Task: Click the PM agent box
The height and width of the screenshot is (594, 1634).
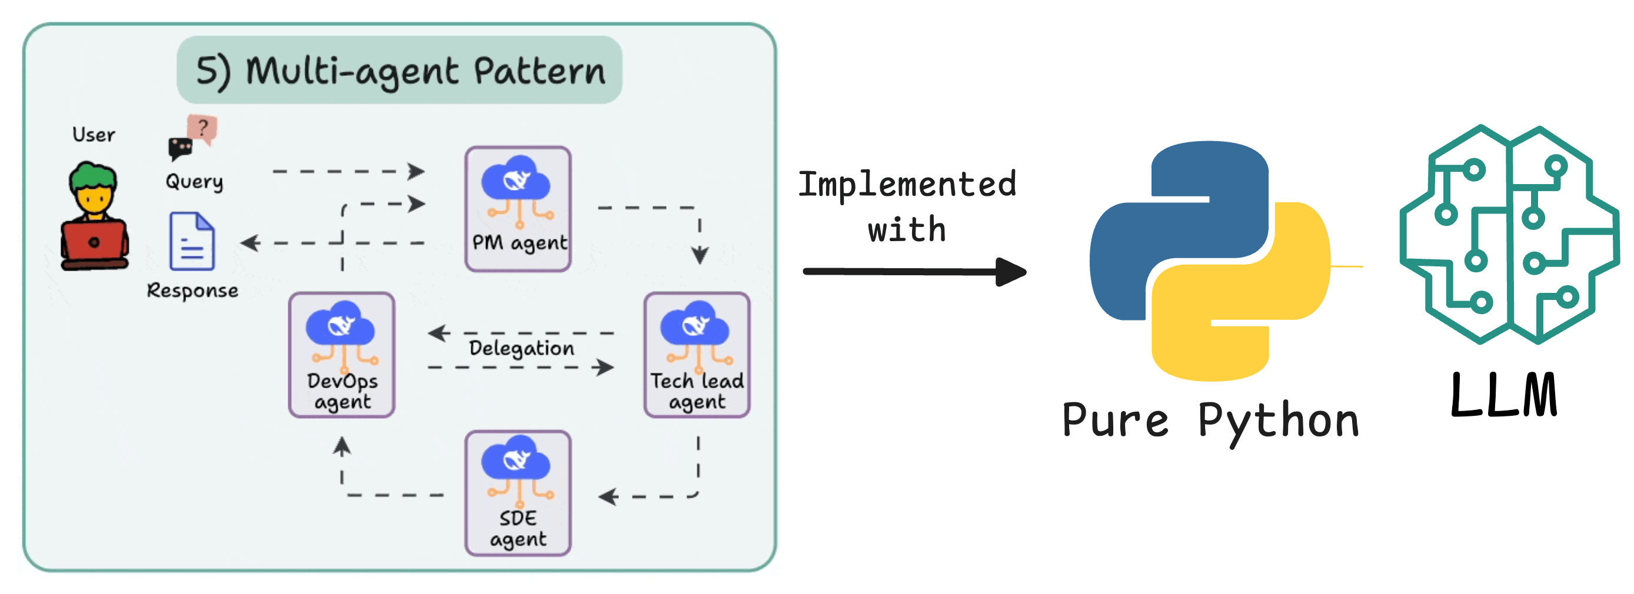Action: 518,209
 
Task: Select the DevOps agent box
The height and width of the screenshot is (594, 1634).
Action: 342,355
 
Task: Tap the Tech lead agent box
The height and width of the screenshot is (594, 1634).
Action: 697,355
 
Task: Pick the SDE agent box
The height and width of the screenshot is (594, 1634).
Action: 518,493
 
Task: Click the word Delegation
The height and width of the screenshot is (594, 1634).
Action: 521,348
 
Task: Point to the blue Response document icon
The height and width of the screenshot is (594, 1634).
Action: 192,242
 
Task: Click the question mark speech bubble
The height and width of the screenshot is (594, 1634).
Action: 203,128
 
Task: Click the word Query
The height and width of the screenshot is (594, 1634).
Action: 194,182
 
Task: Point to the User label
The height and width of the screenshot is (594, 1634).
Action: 93,135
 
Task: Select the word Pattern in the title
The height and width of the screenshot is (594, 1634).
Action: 540,71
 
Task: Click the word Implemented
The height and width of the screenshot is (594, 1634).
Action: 907,185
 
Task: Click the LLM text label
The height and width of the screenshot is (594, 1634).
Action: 1504,396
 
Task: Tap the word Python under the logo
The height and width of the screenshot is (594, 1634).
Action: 1278,422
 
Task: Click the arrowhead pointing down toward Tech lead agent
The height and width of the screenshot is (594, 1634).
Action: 700,255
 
